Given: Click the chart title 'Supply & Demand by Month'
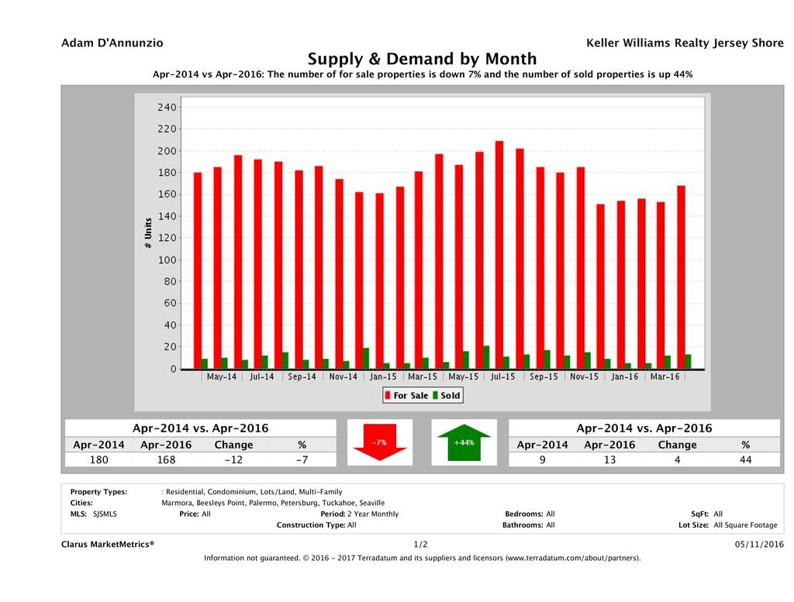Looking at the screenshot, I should click(422, 59).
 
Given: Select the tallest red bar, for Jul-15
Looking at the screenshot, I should click(499, 255).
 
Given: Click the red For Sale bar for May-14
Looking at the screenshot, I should click(217, 268).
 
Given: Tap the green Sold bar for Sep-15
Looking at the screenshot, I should click(547, 360).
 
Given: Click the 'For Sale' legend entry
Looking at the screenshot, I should click(406, 395).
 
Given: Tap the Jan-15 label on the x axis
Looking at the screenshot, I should click(383, 377).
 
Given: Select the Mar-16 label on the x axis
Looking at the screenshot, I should click(665, 377).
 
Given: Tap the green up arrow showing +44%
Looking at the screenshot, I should click(464, 443).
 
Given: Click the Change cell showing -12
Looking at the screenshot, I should click(233, 460).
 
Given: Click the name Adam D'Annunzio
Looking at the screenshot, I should click(112, 43).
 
